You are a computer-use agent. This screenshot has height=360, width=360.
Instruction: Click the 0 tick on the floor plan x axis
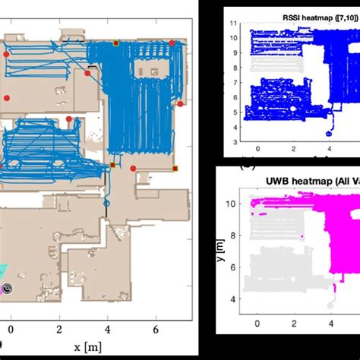(x=10, y=329)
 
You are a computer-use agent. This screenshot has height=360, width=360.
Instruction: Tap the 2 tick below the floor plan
(x=59, y=329)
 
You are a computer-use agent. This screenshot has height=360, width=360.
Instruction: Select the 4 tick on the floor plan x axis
(x=108, y=329)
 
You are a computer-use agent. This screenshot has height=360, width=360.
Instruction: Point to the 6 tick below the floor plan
(x=156, y=329)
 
